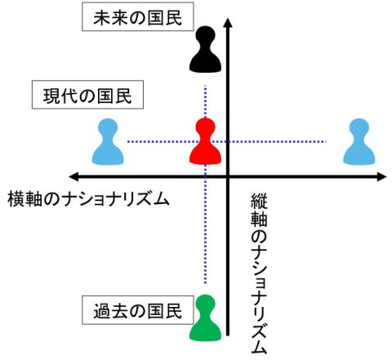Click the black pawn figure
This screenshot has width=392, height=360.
coord(205,50)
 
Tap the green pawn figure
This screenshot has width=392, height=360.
coord(205,318)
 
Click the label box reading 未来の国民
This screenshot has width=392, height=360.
coord(138,16)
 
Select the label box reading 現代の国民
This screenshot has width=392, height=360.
coord(87,95)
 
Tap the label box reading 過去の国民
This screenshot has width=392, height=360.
coord(138,310)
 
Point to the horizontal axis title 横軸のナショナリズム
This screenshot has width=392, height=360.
coord(88,199)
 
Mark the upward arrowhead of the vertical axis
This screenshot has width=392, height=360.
coord(228,22)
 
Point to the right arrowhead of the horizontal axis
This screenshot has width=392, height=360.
coord(381,176)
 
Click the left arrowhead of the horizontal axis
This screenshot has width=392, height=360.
coord(74,177)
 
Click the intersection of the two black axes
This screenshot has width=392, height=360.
coord(228,177)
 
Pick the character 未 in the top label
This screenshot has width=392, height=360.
coord(101,18)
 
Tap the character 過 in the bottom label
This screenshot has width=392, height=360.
coord(101,311)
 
